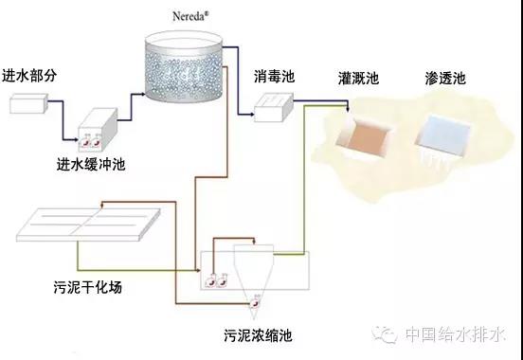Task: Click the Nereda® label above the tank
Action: (x=190, y=16)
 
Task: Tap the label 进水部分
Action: (x=29, y=76)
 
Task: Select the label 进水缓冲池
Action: (x=91, y=165)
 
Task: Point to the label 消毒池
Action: (x=274, y=76)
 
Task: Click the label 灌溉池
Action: (x=358, y=78)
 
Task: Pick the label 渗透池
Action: (x=445, y=78)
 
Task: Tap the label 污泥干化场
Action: (x=88, y=287)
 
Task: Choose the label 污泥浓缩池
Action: (x=258, y=335)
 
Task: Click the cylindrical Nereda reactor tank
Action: (x=184, y=66)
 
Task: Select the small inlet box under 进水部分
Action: (x=28, y=103)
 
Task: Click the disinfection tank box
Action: (x=274, y=107)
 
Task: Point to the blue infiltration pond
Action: (x=444, y=135)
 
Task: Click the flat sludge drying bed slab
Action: (x=88, y=225)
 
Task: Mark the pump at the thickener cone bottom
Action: (x=256, y=302)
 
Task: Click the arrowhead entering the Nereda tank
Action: (x=142, y=94)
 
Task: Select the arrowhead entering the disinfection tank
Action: (x=251, y=115)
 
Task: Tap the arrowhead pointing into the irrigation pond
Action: (x=348, y=110)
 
